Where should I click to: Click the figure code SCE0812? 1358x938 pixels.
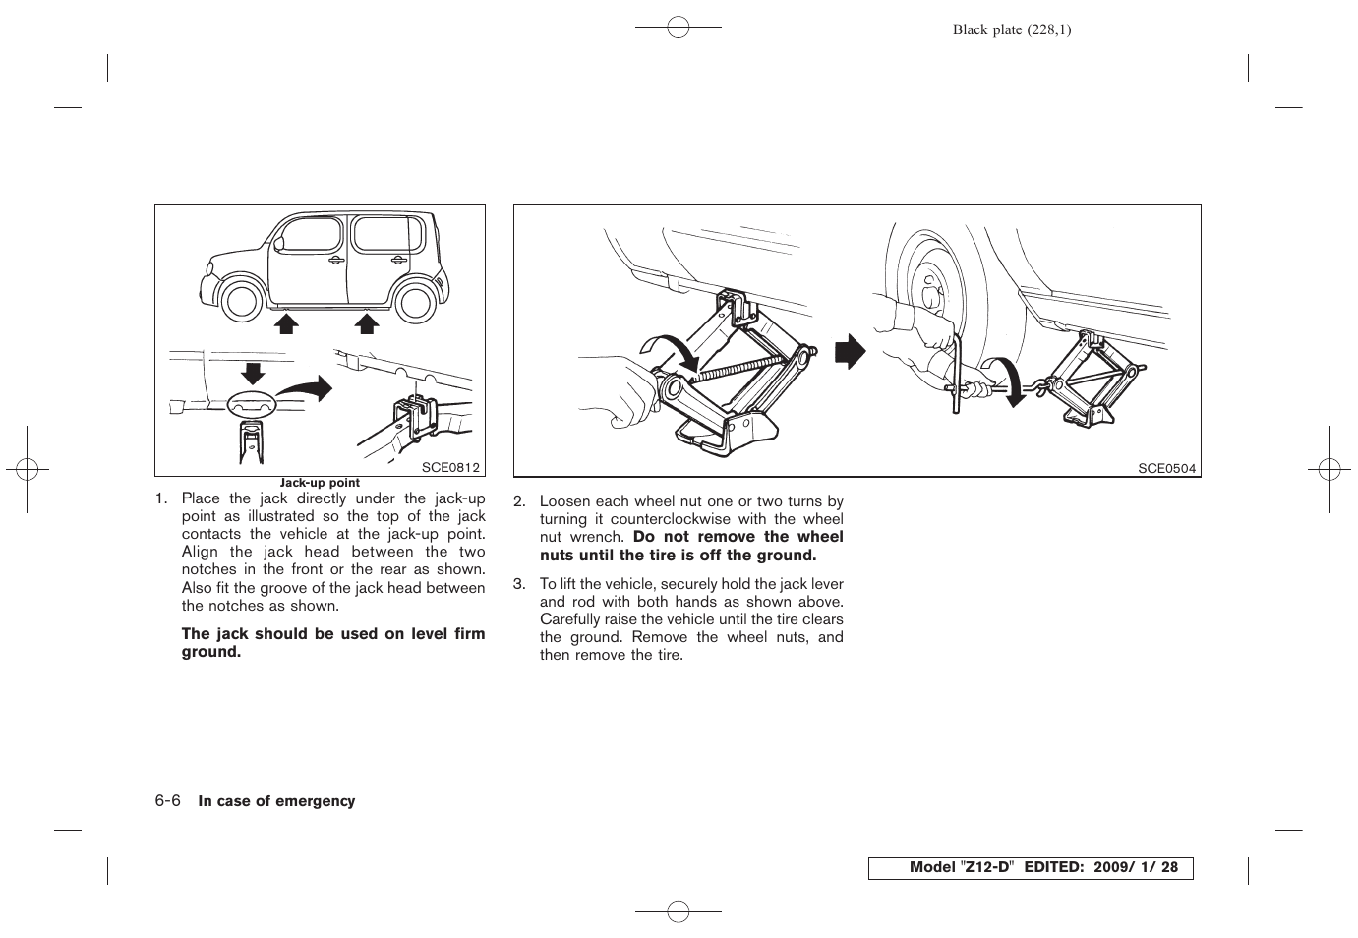coord(450,468)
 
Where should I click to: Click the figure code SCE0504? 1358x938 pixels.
coord(1166,469)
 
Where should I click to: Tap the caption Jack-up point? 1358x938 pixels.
coord(320,483)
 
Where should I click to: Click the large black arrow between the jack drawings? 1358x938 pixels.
coord(850,352)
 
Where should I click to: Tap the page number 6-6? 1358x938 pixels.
coord(167,800)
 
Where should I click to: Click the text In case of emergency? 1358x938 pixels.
coord(276,801)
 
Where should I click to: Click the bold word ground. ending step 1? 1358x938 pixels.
coord(210,652)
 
